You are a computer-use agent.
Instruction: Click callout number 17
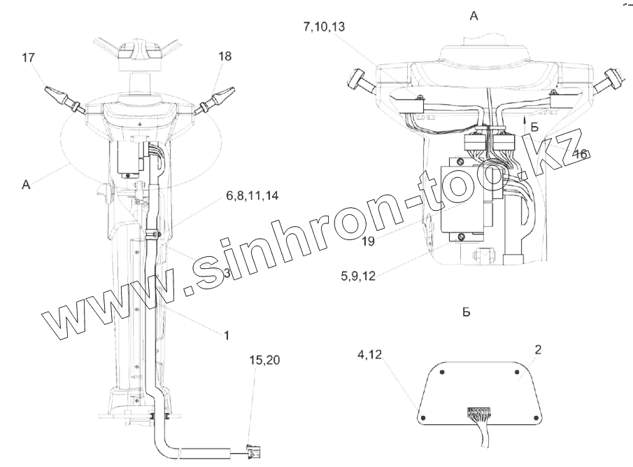click(28, 58)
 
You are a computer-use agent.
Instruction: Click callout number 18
click(225, 56)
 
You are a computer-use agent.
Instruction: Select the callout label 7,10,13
click(325, 27)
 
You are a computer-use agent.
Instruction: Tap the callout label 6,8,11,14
click(252, 196)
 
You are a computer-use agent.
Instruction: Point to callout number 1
click(227, 335)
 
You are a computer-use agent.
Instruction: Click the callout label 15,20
click(265, 360)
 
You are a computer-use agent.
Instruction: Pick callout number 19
click(368, 242)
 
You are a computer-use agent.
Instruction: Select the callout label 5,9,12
click(358, 276)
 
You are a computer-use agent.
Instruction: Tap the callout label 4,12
click(369, 355)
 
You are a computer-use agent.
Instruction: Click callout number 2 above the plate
click(538, 350)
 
